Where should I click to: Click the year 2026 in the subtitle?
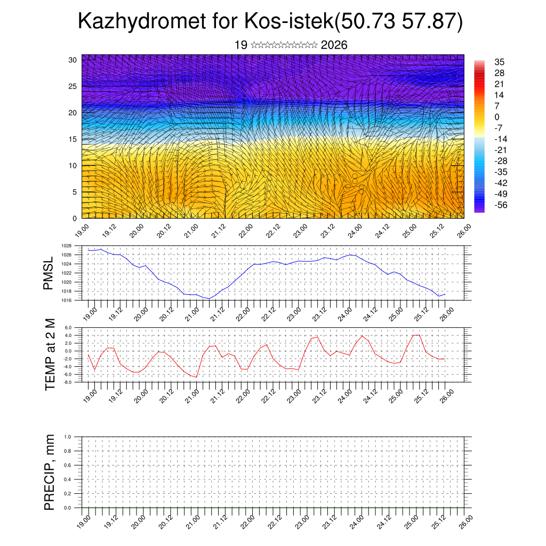tap(334, 45)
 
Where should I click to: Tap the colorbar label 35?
tap(499, 62)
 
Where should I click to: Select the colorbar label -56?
tap(502, 205)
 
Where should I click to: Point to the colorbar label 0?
tap(497, 117)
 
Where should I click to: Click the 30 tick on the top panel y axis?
tap(74, 60)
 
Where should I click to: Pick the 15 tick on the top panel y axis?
tap(74, 139)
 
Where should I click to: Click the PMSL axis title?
tap(49, 273)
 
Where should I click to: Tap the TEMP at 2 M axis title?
tap(50, 355)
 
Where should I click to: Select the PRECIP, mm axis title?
tap(50, 471)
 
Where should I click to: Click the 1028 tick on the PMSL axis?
tap(66, 246)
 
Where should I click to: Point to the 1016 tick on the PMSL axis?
tap(66, 300)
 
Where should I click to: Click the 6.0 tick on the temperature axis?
tap(68, 328)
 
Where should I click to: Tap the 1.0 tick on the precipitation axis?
tap(68, 437)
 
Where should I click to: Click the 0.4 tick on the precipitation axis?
tap(68, 479)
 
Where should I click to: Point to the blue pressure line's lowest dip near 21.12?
tap(210, 299)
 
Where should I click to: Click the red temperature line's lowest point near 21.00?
tap(196, 377)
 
